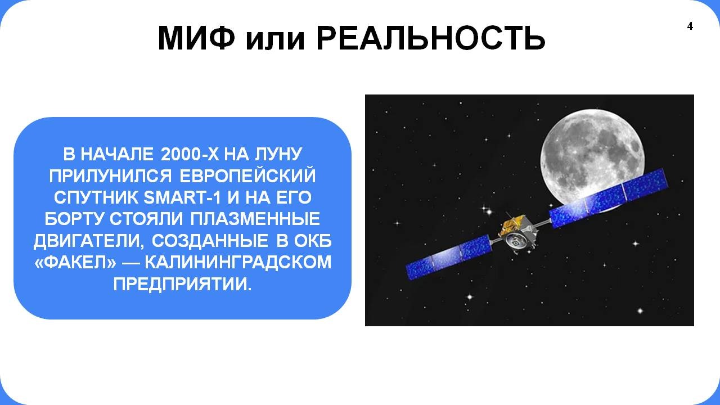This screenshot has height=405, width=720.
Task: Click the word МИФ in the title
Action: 196,38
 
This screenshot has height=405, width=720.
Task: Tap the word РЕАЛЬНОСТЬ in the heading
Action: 431,38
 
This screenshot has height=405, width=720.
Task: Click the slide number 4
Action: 690,26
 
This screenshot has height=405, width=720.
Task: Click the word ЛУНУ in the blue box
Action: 278,154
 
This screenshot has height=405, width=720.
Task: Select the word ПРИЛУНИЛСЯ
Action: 111,176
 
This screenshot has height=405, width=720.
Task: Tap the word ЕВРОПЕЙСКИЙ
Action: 247,176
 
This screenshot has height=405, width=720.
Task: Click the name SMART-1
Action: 182,197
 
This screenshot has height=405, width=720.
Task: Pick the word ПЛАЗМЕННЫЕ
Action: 255,219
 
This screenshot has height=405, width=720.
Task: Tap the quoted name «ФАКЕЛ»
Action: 75,262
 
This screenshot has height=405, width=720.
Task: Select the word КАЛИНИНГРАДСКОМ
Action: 238,262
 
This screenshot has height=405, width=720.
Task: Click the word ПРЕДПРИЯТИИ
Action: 182,284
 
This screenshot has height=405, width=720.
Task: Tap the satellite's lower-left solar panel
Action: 449,257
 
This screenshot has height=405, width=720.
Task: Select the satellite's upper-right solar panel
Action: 609,197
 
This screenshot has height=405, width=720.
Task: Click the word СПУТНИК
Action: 95,197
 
